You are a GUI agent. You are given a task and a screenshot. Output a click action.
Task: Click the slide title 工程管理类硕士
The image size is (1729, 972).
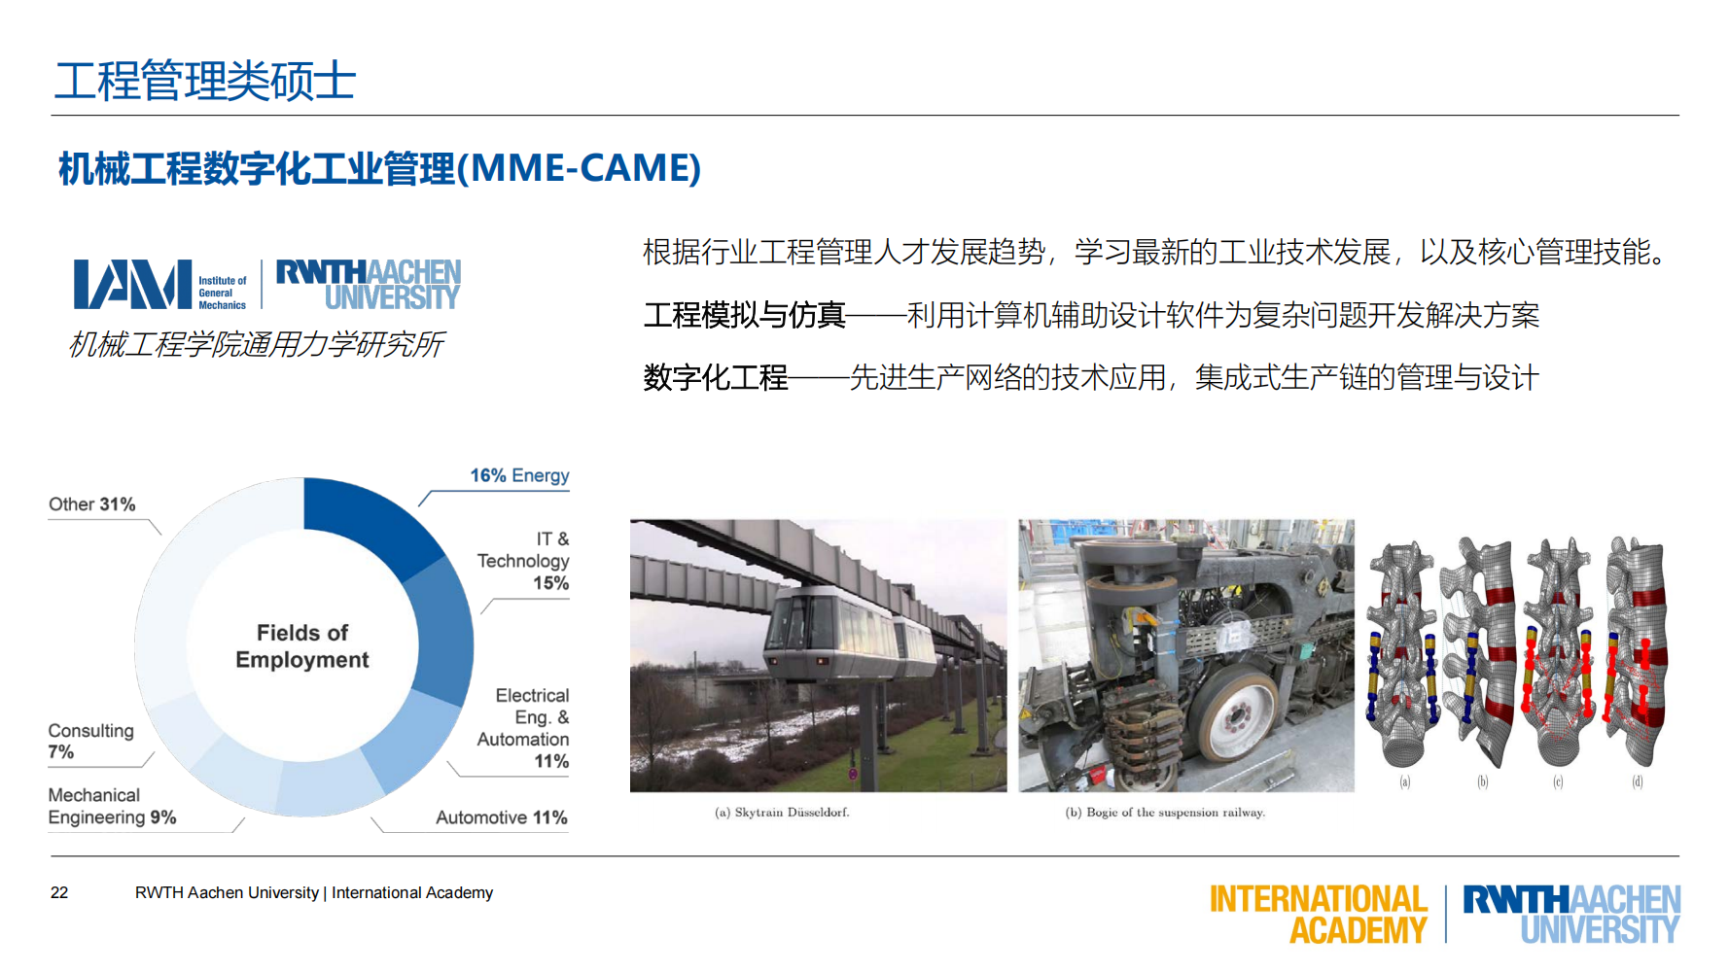click(205, 80)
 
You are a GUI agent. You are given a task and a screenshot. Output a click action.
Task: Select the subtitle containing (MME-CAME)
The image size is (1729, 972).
click(379, 168)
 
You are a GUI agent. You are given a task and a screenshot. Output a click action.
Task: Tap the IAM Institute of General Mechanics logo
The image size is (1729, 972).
click(160, 285)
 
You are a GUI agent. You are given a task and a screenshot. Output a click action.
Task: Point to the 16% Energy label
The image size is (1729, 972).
click(519, 475)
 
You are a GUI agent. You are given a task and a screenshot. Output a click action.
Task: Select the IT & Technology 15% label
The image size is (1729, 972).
click(525, 561)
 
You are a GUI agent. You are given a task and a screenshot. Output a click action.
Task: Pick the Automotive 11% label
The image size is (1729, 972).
click(501, 817)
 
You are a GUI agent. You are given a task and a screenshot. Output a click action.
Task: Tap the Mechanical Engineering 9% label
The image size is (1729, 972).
click(112, 807)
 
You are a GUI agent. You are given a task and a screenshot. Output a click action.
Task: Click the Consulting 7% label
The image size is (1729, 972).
click(90, 741)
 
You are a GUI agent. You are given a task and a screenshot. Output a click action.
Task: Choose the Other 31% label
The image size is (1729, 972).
click(92, 504)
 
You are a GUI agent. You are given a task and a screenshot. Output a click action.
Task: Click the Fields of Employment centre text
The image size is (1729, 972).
click(301, 646)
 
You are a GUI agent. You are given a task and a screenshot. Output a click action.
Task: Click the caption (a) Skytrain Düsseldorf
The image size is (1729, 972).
click(782, 813)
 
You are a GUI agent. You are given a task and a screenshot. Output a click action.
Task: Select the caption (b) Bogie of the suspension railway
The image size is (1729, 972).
click(1165, 813)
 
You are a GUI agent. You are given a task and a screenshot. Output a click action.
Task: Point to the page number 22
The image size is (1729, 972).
click(59, 892)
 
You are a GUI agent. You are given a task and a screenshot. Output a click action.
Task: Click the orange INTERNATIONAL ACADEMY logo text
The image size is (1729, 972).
click(1318, 914)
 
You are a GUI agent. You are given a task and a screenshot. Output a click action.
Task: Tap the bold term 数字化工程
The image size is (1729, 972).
click(716, 377)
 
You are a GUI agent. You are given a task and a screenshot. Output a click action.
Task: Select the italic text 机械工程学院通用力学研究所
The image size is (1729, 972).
click(257, 344)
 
